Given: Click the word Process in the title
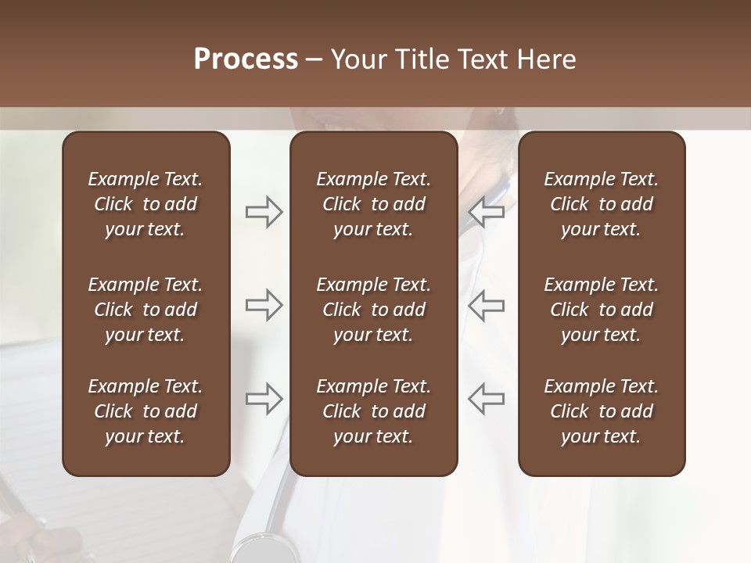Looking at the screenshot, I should (246, 59).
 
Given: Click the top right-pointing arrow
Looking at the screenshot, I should (264, 212).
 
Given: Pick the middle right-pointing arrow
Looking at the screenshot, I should (264, 305).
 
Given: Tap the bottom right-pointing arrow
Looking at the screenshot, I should (264, 399).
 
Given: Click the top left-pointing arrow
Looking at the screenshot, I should (486, 212).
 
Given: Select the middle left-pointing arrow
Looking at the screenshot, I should (486, 305).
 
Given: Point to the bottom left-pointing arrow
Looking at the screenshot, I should (486, 399).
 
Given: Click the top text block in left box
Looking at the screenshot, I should (146, 204).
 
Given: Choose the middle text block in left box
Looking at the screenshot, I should (146, 310).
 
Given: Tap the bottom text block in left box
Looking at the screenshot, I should (146, 411).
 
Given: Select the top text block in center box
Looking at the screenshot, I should (373, 204).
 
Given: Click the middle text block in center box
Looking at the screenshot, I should (373, 310).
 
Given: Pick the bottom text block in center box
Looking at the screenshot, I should (373, 411).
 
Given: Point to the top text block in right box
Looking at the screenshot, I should (601, 204).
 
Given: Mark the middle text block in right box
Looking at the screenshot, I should (601, 310).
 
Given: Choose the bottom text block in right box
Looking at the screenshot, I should (601, 411).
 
